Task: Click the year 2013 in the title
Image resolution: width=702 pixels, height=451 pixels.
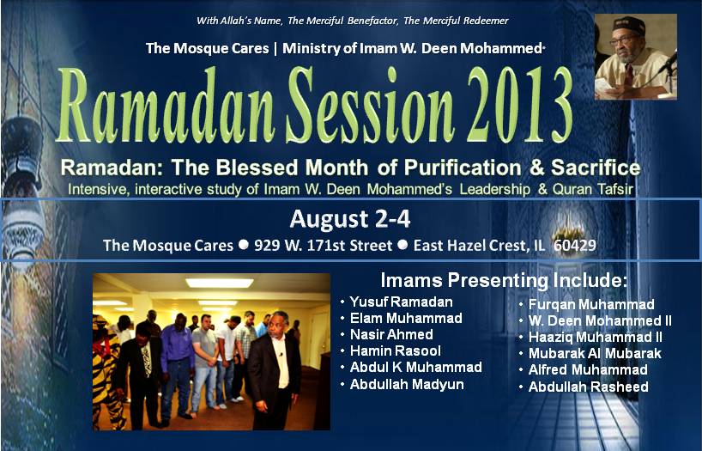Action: tap(519, 105)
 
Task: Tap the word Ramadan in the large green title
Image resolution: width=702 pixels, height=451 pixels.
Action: tap(165, 105)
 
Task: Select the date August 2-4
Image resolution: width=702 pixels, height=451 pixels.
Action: tap(349, 219)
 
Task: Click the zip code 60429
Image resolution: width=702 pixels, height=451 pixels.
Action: tap(575, 245)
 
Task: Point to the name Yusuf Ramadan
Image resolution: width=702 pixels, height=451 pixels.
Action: tap(401, 302)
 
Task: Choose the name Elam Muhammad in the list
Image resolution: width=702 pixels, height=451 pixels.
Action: tap(406, 319)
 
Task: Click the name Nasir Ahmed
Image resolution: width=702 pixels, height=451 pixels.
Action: tap(391, 334)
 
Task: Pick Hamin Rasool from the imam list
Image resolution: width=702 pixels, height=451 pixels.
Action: tap(396, 350)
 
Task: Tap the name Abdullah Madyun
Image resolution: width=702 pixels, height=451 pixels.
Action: tap(407, 384)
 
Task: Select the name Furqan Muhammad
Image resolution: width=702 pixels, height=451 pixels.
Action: tap(591, 304)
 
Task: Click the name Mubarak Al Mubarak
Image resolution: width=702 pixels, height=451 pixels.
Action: tap(595, 353)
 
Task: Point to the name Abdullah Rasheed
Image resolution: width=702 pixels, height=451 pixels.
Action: tap(588, 387)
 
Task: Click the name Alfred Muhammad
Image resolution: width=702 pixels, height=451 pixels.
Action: tap(588, 370)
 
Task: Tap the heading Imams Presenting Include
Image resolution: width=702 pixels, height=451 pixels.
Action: tap(504, 281)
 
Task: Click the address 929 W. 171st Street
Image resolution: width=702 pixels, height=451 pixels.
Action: tap(324, 245)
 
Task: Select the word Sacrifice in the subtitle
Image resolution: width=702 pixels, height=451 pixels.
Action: tap(596, 168)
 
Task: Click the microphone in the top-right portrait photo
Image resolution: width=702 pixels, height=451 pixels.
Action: tap(667, 63)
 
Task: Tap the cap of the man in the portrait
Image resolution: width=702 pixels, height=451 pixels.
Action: tap(629, 25)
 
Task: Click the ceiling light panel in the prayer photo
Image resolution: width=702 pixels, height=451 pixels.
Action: tap(220, 283)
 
